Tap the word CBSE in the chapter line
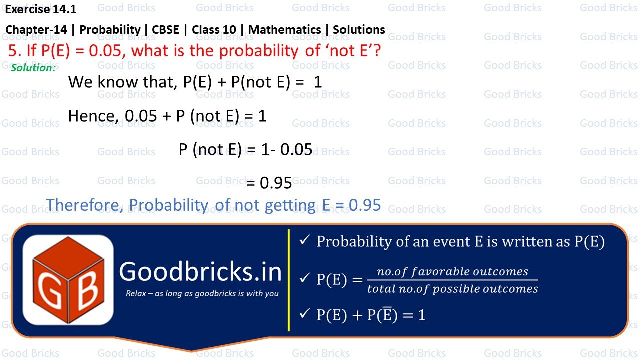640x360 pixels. [x=165, y=29]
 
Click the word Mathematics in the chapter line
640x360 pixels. [x=284, y=29]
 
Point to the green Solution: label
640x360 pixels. [x=33, y=68]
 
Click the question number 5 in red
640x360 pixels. [x=12, y=51]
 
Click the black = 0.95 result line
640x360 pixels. [x=269, y=183]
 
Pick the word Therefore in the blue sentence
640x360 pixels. [x=85, y=205]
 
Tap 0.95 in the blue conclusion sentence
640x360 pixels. [x=364, y=205]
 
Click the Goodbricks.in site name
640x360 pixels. [x=200, y=271]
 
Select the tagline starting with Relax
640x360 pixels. [x=202, y=293]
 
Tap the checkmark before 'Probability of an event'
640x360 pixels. [x=304, y=241]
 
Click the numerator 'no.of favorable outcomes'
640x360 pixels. [x=452, y=271]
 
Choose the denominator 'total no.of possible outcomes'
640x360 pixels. [x=452, y=289]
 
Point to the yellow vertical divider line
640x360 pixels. [x=289, y=280]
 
